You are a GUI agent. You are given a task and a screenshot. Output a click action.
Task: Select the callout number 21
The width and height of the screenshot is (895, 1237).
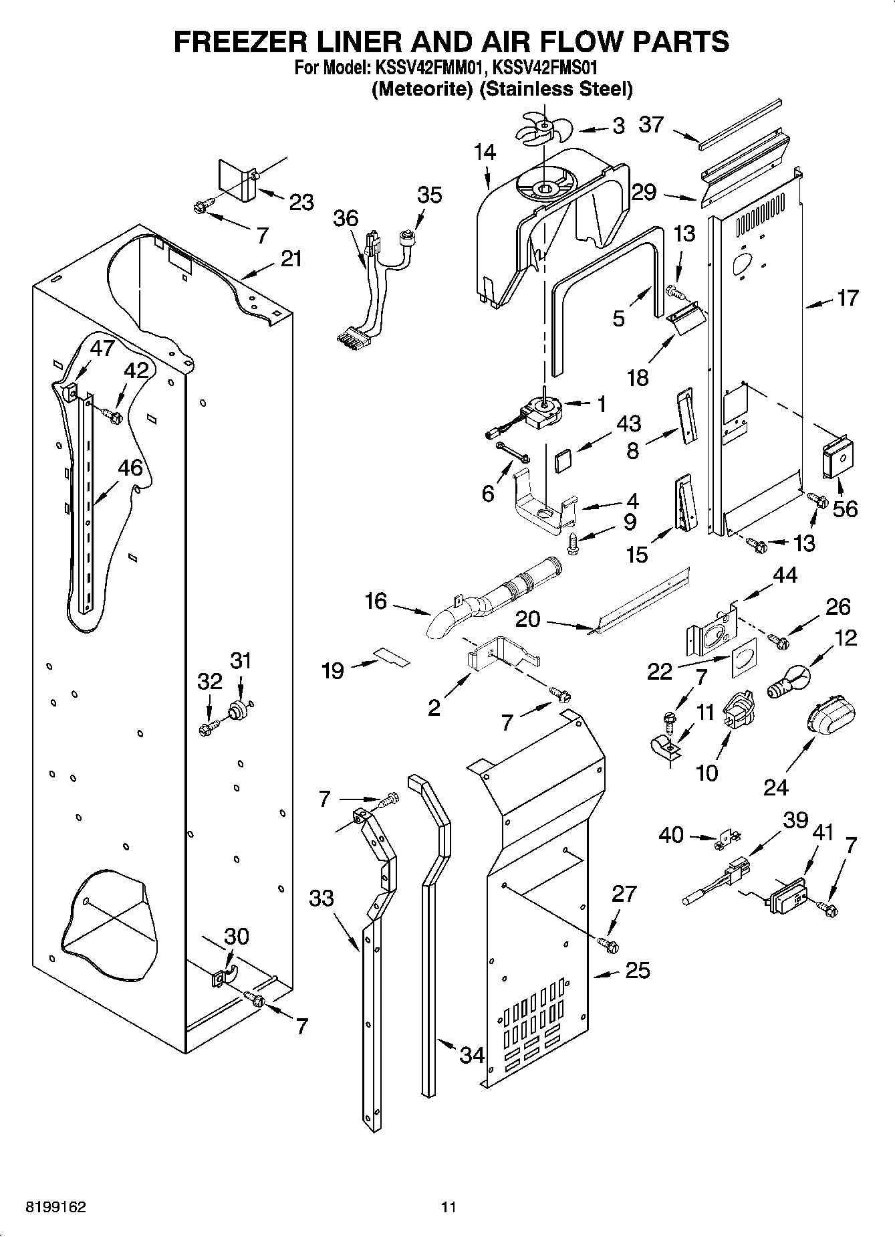(291, 259)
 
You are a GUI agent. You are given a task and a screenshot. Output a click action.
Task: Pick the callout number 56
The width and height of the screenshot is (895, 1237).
(845, 508)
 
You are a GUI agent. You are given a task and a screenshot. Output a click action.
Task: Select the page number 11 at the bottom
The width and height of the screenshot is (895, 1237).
(448, 1207)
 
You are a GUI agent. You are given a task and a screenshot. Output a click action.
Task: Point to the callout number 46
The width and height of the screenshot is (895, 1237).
(130, 468)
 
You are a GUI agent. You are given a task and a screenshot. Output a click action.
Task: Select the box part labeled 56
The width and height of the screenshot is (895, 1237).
(840, 458)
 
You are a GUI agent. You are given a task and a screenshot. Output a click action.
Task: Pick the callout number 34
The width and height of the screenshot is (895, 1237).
(471, 1055)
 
